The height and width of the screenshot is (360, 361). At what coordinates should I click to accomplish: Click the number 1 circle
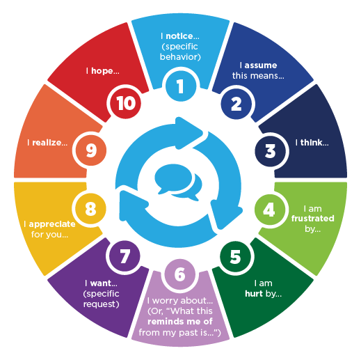coord(181,86)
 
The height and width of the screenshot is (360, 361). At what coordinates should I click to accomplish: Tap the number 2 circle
coord(236,104)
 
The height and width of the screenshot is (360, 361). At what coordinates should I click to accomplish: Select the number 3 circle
coord(270,151)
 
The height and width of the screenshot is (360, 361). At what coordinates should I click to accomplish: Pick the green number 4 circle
coord(270,210)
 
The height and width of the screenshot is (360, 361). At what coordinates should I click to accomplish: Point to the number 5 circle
coord(235,257)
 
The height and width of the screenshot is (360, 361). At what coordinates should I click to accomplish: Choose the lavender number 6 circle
coord(180,274)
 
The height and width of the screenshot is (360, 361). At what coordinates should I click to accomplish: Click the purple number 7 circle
coord(125,256)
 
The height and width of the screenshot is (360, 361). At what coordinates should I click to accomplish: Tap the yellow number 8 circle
coord(90,209)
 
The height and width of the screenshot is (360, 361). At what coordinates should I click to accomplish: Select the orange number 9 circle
coord(91,150)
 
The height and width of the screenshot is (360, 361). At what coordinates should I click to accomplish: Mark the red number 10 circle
coord(125,103)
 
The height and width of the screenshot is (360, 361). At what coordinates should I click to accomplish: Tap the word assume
coord(261,65)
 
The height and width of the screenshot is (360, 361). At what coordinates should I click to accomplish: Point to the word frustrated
coord(313,218)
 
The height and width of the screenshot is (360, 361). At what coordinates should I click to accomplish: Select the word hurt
coord(254,294)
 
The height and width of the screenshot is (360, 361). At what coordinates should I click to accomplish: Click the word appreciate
coord(52,224)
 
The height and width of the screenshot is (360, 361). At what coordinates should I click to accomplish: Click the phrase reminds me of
coord(180,322)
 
